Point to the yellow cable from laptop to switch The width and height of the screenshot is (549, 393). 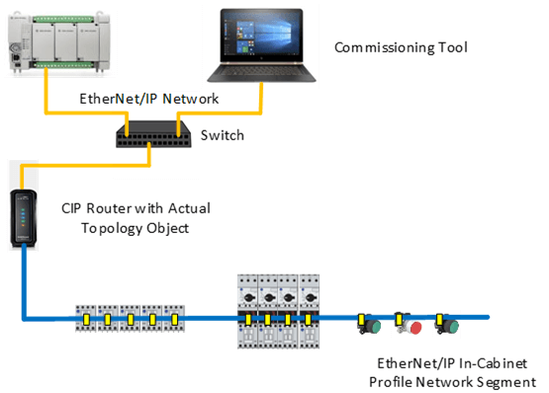click(x=260, y=99)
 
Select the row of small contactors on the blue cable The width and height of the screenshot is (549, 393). click(x=129, y=319)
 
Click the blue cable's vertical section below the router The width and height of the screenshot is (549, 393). click(x=22, y=286)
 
